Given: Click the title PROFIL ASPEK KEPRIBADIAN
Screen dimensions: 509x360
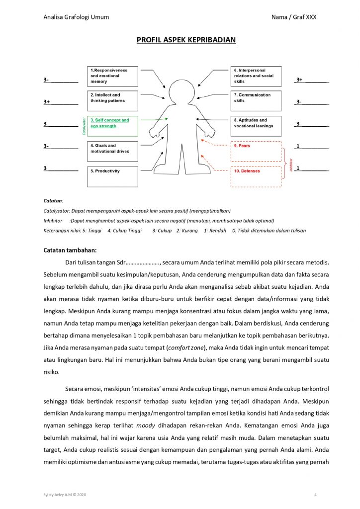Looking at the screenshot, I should pos(186,40).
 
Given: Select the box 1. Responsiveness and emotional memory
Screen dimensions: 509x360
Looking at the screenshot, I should pos(113,76).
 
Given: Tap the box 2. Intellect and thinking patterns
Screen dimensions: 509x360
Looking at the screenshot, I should pos(113,101).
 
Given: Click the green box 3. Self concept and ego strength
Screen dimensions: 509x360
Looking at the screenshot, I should pos(113,126).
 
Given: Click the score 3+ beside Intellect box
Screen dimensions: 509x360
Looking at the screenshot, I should pos(47,102).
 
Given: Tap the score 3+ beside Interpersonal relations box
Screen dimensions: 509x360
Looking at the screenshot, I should pos(299,80).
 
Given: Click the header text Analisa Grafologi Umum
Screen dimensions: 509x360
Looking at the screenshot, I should pos(76,17).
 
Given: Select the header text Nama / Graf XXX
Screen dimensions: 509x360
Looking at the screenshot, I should pos(294,17).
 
